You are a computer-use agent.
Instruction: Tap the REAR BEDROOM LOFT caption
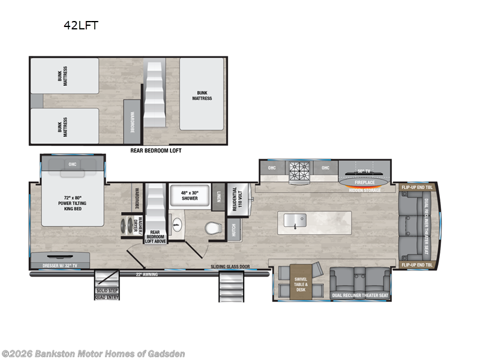[155, 151]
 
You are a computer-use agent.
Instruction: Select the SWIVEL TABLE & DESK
[301, 284]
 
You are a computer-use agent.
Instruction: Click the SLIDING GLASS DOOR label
[230, 266]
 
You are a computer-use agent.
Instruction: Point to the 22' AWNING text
[146, 275]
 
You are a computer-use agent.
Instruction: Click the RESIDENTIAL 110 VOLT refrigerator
[235, 197]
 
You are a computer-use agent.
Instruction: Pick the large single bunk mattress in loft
[202, 95]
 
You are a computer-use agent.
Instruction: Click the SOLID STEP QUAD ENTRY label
[107, 294]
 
